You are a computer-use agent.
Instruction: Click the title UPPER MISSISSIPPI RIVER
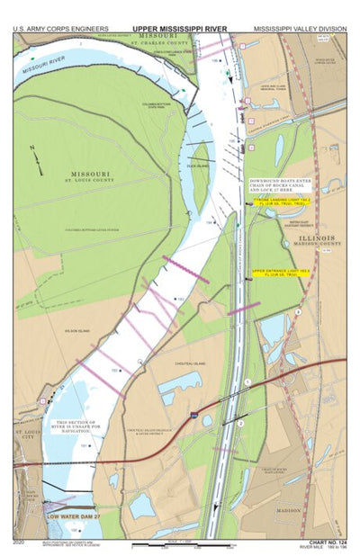pyautogui.click(x=179, y=29)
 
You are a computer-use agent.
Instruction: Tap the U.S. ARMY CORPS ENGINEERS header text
pyautogui.click(x=60, y=29)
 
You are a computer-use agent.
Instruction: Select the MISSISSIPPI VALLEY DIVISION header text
pyautogui.click(x=300, y=29)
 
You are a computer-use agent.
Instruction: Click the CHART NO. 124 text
pyautogui.click(x=324, y=542)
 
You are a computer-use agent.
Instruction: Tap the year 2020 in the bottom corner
pyautogui.click(x=20, y=542)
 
